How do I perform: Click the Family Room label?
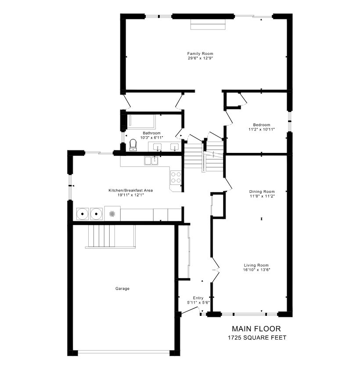(200, 54)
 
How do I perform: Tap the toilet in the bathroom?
(133, 145)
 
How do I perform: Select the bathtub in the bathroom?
(141, 122)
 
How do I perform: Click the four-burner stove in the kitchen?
(176, 177)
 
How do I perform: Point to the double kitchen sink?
(151, 161)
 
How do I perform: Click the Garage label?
(122, 289)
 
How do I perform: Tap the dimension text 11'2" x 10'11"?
(262, 129)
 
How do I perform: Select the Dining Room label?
(262, 192)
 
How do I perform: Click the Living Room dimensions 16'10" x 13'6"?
(256, 270)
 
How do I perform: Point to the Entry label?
(198, 298)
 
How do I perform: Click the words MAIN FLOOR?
(256, 329)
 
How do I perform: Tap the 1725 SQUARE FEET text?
(257, 338)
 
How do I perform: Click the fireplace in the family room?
(208, 24)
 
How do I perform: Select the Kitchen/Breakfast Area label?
(130, 190)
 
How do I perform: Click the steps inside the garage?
(110, 236)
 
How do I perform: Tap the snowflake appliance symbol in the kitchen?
(112, 213)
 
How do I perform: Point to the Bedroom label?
(262, 125)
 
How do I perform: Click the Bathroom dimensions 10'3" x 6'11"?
(151, 137)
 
